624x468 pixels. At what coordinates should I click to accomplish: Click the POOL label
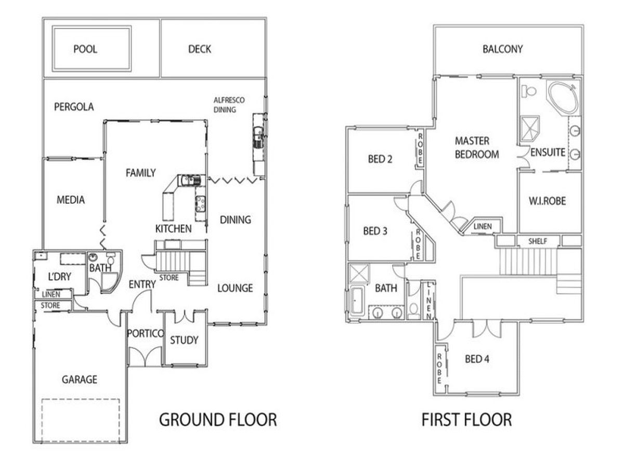point(85,49)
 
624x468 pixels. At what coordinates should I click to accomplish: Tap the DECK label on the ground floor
point(200,49)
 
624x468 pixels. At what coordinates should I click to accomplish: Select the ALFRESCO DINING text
point(229,105)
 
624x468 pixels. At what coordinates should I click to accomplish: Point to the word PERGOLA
point(74,107)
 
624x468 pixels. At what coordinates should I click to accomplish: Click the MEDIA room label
point(71,200)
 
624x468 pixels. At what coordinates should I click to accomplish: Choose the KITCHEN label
point(173,229)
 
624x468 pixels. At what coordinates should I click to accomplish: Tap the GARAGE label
point(80,380)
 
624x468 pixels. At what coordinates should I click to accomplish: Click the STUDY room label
point(184,340)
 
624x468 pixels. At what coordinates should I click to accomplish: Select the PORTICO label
point(145,333)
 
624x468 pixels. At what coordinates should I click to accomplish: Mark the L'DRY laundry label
point(59,277)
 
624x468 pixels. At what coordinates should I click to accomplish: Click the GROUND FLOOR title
point(218,420)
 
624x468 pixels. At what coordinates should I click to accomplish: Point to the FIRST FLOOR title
point(467,420)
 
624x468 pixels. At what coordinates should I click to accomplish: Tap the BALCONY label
point(503,49)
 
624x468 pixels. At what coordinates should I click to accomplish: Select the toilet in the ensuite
point(528,91)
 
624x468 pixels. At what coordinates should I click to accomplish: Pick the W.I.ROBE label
point(547,201)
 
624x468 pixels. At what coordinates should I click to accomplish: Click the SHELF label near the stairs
point(538,241)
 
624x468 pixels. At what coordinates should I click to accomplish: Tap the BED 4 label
point(477,359)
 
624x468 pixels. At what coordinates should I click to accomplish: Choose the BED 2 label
point(380,159)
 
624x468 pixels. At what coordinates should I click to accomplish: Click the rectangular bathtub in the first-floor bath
point(357,301)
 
